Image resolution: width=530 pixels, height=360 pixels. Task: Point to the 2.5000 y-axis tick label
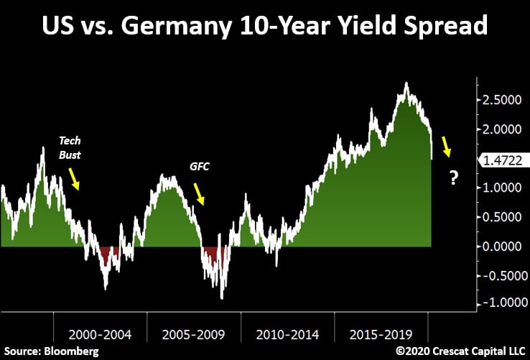502,100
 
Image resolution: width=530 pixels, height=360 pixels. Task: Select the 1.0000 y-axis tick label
502,188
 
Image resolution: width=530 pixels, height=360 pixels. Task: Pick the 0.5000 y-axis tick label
502,217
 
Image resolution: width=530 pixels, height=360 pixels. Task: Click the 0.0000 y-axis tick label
502,246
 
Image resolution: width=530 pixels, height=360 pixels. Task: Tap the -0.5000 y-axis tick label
500,275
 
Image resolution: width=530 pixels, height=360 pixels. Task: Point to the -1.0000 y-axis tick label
500,305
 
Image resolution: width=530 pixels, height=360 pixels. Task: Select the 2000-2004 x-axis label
100,334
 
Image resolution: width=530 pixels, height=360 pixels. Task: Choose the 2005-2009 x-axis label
192,334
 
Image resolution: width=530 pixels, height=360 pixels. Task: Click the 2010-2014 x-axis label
284,334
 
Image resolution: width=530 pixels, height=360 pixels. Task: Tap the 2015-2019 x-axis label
377,334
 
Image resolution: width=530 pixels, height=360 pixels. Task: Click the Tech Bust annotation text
70,149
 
